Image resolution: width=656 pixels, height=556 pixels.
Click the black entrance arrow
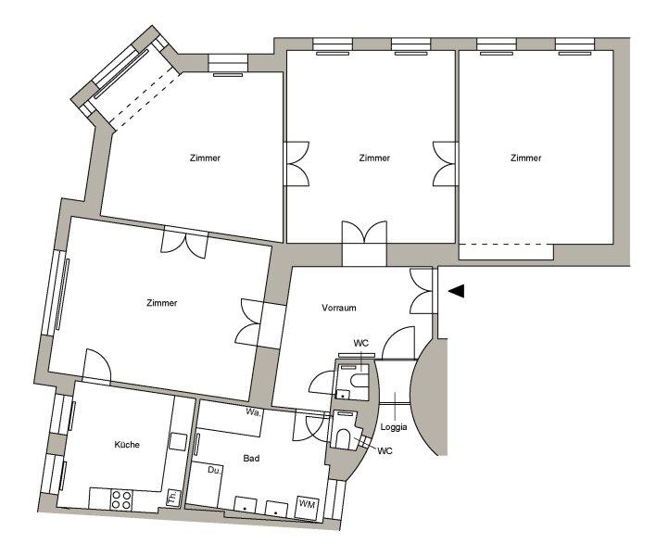click(457, 291)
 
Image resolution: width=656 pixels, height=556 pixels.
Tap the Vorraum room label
click(339, 308)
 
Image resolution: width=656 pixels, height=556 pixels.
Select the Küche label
click(127, 444)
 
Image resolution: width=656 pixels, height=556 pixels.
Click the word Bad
click(251, 458)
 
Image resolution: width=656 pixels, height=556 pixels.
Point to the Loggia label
click(393, 427)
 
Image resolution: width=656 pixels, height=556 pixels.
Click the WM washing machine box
click(307, 505)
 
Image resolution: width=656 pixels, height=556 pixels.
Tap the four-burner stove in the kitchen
click(121, 500)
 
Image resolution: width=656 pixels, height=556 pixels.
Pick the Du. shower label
click(214, 470)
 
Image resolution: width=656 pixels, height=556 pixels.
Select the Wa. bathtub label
click(253, 412)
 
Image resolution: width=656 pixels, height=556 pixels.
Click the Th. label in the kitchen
click(172, 498)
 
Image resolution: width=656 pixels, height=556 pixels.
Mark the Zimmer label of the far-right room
click(526, 158)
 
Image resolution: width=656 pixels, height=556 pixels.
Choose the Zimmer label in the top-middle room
click(374, 158)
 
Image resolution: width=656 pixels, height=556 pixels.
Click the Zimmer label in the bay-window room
click(205, 158)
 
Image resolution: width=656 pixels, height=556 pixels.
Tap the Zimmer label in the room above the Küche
click(162, 302)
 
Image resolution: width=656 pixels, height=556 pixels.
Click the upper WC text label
click(361, 344)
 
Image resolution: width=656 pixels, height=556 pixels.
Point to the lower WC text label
click(385, 450)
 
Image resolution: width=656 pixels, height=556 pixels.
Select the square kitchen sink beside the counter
click(178, 442)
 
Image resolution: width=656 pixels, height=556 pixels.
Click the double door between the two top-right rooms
click(445, 164)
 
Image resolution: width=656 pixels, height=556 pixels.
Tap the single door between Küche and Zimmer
click(97, 365)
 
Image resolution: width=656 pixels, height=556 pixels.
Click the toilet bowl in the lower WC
click(343, 438)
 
